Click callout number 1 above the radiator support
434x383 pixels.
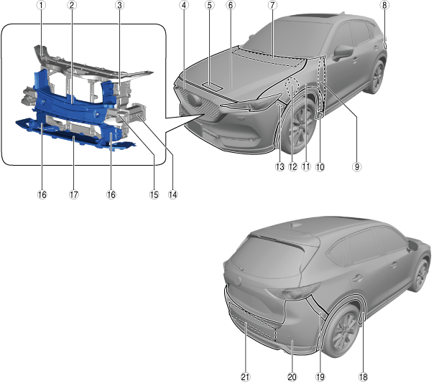pos(42,5)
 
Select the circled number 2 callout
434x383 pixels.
pos(72,5)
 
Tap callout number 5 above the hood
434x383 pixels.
pos(209,5)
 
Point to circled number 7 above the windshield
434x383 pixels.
pos(272,5)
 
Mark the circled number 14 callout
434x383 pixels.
pos(172,194)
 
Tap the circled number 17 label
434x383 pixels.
pos(73,194)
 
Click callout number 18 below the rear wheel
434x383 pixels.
pos(365,375)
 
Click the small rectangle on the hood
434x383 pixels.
pos(212,85)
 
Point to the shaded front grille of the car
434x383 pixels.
pos(198,100)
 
